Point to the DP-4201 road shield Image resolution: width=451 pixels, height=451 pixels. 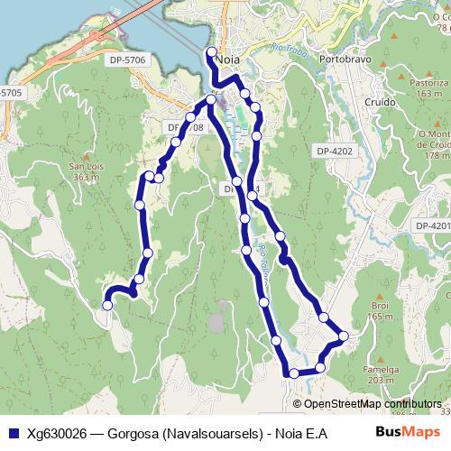432,225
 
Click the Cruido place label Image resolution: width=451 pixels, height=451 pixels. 382,101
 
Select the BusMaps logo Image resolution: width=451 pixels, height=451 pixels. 408,432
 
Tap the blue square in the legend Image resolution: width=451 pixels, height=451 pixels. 14,433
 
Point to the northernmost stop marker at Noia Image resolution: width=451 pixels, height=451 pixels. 211,51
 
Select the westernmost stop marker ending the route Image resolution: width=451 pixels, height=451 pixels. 107,306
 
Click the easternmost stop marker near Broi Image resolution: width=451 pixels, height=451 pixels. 344,336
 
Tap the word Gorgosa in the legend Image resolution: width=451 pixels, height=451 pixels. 128,433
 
